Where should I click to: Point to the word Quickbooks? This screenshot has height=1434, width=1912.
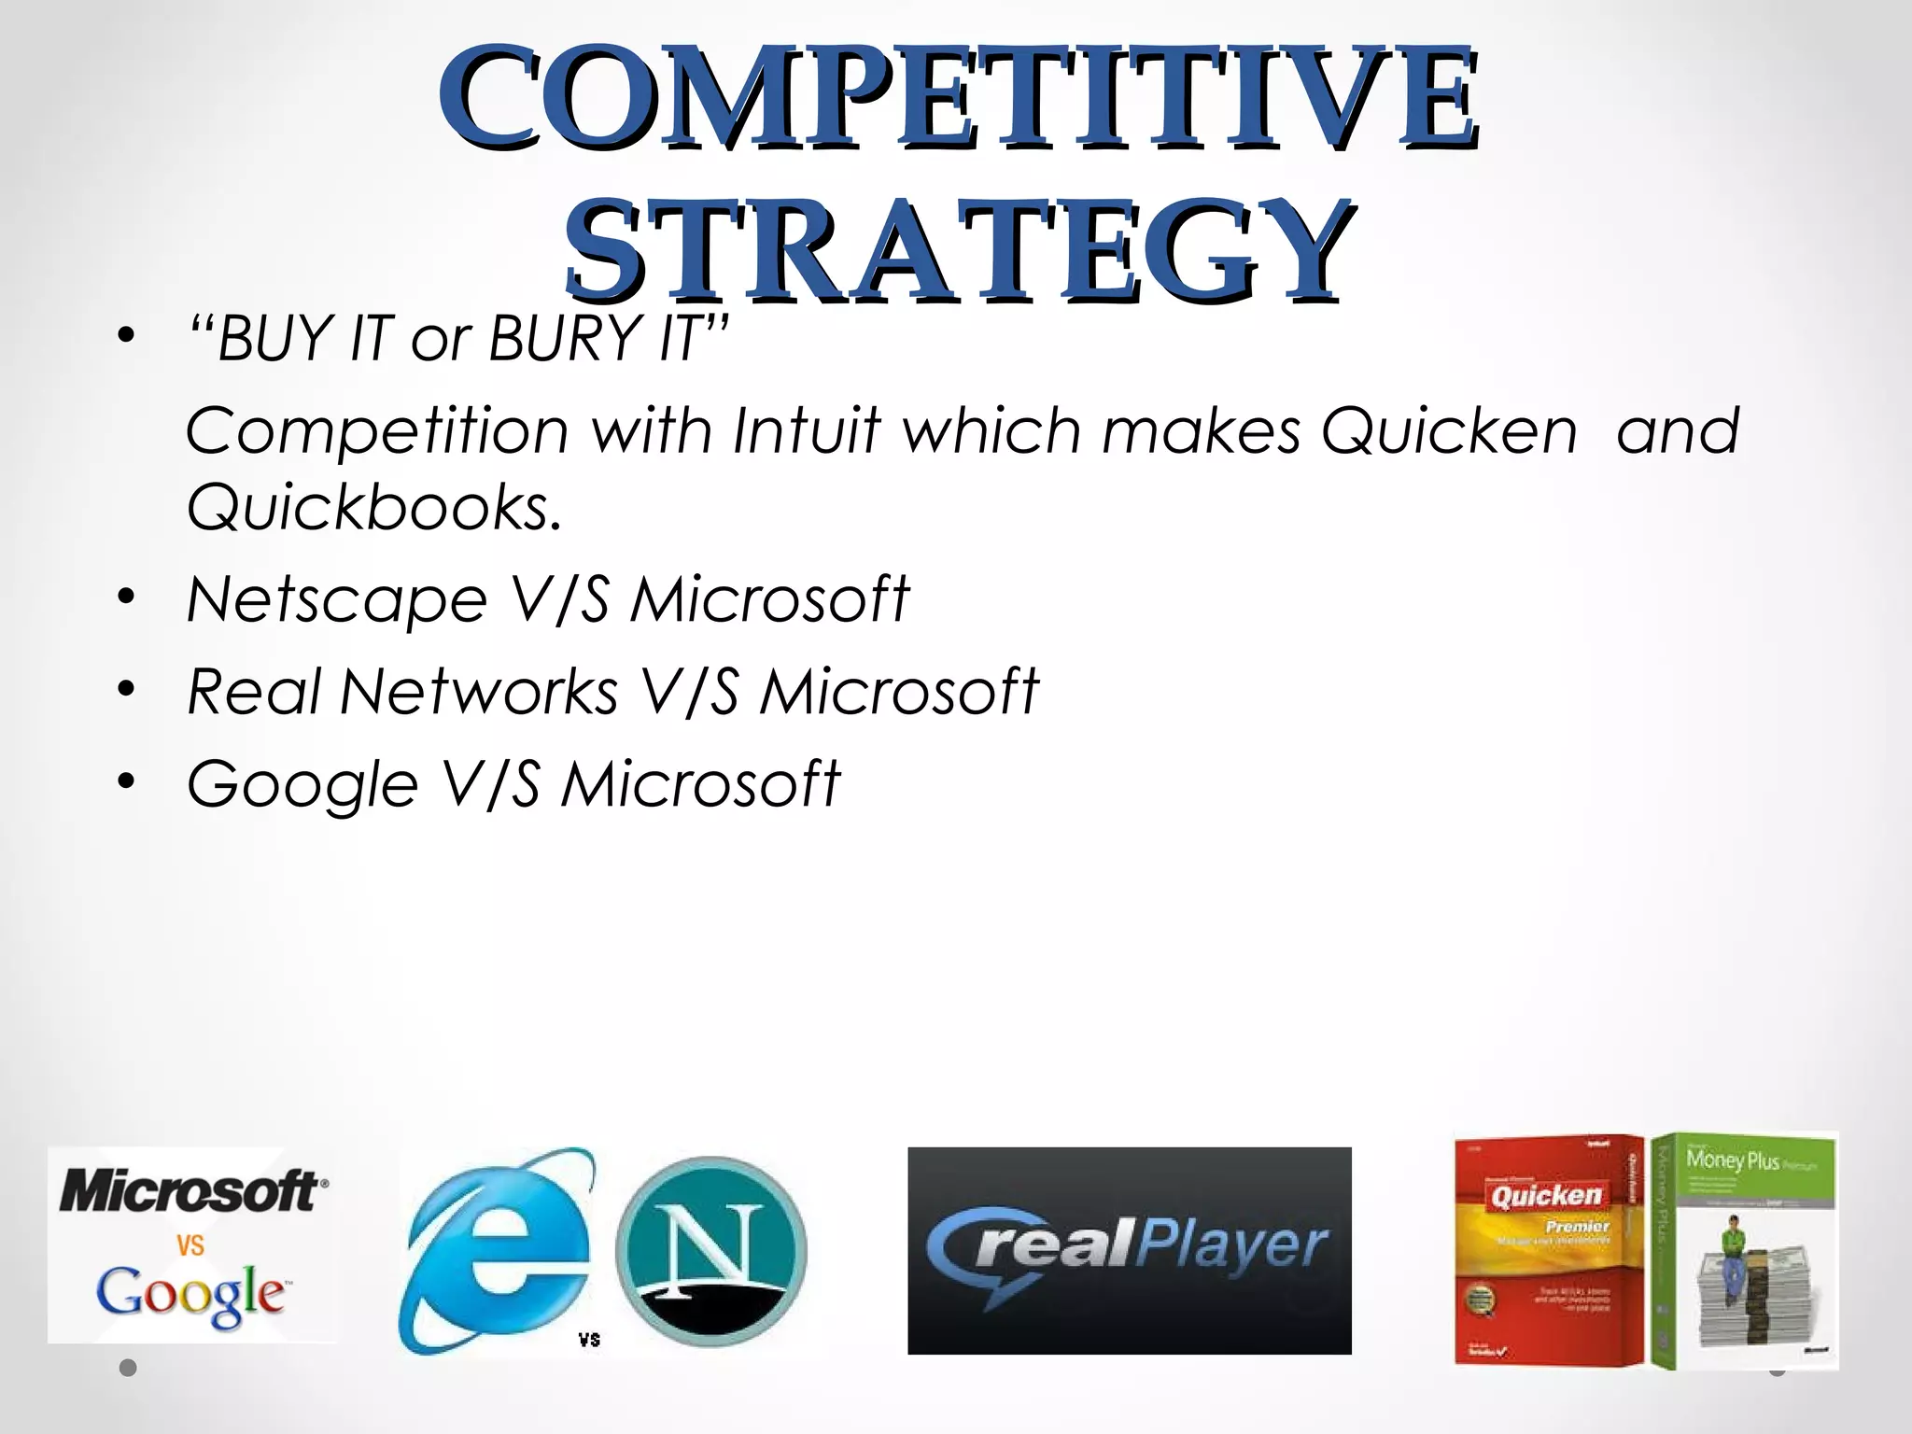373,507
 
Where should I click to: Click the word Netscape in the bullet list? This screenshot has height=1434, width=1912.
336,598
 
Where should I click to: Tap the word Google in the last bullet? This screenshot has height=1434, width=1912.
302,784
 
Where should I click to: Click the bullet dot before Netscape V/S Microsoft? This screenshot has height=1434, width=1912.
126,597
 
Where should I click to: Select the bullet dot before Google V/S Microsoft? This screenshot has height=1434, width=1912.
126,781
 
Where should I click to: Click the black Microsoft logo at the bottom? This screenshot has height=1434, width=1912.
192,1192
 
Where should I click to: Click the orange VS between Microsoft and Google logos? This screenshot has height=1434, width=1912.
190,1244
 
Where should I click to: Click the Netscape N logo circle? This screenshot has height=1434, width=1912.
711,1251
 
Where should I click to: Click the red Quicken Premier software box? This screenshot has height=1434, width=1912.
1548,1251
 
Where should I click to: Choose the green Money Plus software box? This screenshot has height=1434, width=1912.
1744,1251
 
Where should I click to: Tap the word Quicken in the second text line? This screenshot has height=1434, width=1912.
1448,430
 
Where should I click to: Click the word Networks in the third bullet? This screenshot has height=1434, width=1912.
479,692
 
